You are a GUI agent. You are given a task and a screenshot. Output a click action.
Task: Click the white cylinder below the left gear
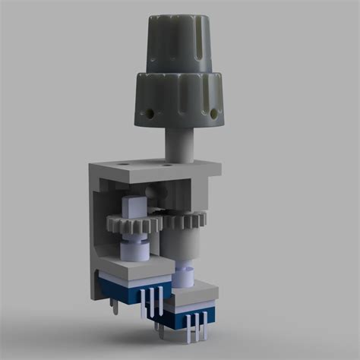tap(132, 246)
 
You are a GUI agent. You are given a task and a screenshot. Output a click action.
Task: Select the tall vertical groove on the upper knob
tap(196, 38)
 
